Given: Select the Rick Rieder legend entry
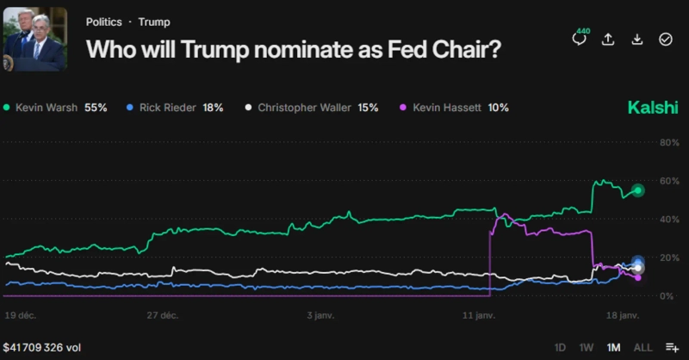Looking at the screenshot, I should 175,108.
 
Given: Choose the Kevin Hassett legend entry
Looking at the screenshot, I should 455,108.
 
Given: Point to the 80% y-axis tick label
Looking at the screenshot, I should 668,143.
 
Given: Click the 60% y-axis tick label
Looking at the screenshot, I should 668,182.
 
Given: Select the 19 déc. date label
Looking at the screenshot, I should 20,316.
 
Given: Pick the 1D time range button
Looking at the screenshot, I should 561,347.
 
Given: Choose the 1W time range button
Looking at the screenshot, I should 587,347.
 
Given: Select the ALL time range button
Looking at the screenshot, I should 642,347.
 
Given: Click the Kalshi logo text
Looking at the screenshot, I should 652,108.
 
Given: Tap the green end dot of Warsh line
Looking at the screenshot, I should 638,190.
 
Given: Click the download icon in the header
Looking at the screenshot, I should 636,39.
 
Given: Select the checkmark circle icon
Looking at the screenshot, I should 665,39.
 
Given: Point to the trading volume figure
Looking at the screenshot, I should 42,347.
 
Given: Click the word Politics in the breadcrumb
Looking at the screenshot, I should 103,22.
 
